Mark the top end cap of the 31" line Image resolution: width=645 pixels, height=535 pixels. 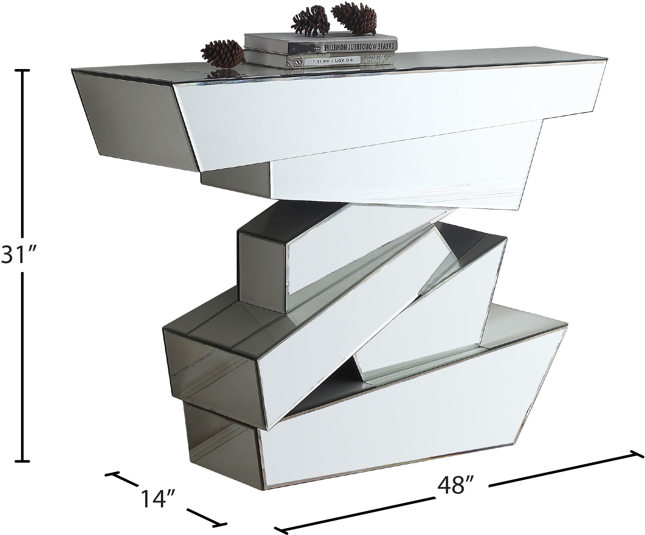point(22,70)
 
